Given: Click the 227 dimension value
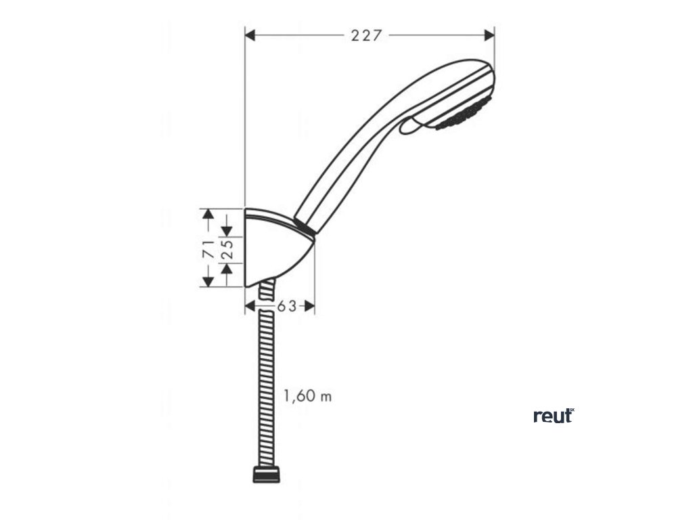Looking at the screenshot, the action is coord(366,36).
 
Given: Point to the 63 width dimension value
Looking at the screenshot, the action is coord(287,306).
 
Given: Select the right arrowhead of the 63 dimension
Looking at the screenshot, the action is coord(310,306).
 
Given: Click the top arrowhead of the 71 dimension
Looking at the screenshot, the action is coord(209,213).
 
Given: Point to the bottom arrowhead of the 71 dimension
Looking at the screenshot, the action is coord(209,281).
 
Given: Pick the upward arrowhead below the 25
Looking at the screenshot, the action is coord(228,269).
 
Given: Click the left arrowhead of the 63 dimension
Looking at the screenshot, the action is coord(250,306).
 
